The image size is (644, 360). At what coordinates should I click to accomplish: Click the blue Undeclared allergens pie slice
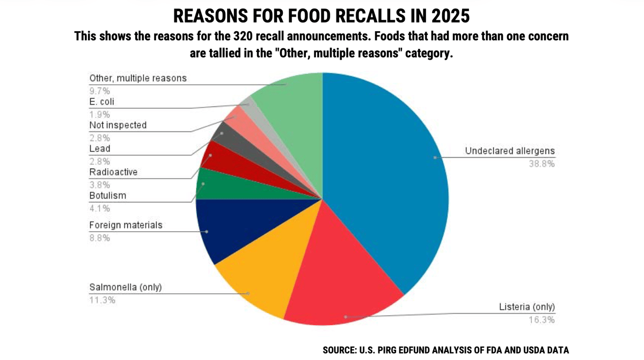click(386, 172)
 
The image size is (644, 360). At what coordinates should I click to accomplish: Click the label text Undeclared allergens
click(509, 151)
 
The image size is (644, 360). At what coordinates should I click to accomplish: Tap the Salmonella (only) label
click(125, 288)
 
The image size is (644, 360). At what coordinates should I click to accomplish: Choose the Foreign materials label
click(126, 225)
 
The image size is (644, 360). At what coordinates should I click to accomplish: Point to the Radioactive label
click(113, 172)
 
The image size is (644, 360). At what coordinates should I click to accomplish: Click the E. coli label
click(101, 101)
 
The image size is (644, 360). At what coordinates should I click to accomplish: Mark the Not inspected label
click(118, 125)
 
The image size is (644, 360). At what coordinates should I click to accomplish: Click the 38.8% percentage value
click(541, 164)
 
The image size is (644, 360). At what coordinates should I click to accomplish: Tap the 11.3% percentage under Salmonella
click(102, 300)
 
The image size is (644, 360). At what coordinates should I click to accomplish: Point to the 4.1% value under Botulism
click(99, 208)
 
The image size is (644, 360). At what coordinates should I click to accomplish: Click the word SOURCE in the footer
click(339, 350)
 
